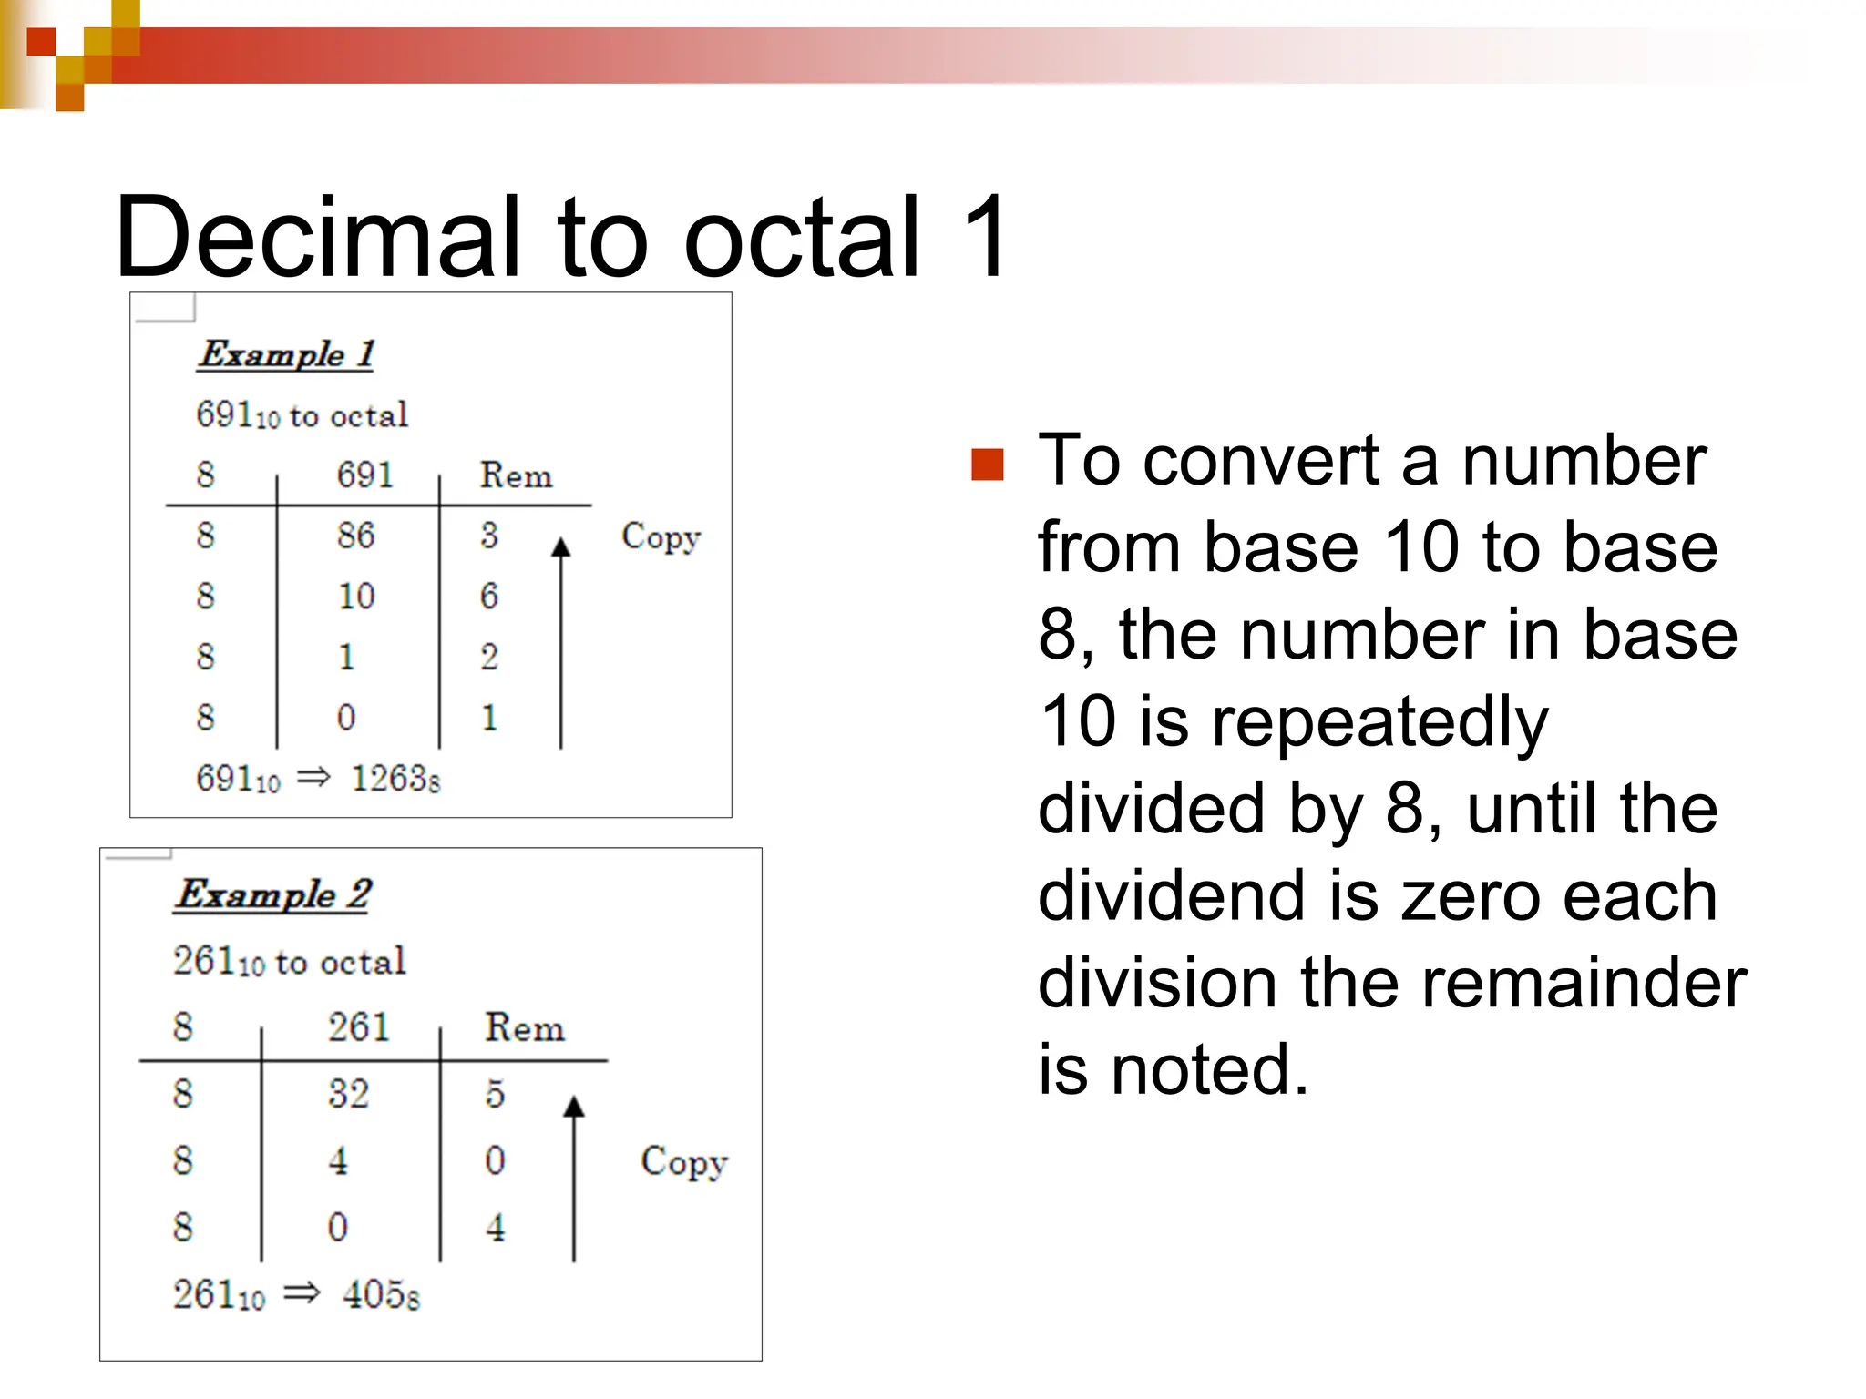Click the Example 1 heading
(x=286, y=353)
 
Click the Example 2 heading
(x=273, y=894)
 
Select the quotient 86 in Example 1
(x=355, y=535)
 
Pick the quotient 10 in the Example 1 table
(x=355, y=596)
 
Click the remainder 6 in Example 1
(x=489, y=596)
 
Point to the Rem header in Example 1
(x=516, y=475)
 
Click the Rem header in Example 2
(x=524, y=1027)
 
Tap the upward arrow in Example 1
(x=561, y=638)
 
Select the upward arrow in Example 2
(x=574, y=1175)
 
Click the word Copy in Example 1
(x=661, y=536)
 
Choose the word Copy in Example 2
(x=683, y=1161)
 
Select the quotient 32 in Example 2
(x=349, y=1093)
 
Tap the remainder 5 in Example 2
(x=495, y=1093)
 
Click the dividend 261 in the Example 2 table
(x=359, y=1027)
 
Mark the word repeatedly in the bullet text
(x=1379, y=721)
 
